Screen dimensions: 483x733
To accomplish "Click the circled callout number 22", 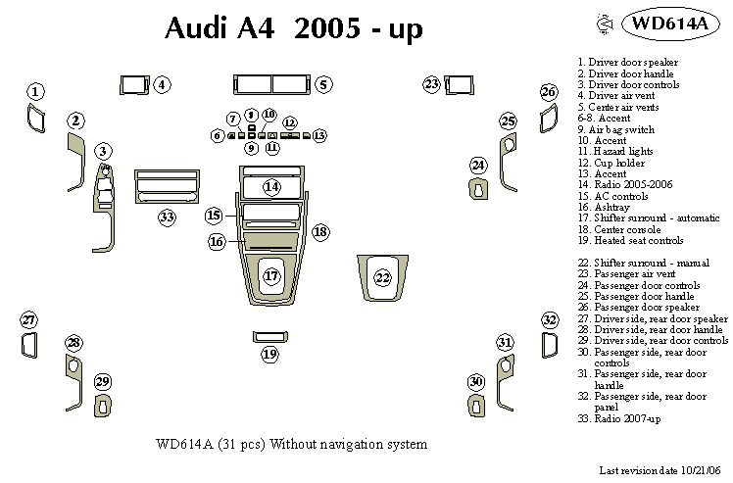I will pos(382,277).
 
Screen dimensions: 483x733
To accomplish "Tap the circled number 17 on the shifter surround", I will pos(271,277).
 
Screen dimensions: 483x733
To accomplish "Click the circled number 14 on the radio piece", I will pos(271,186).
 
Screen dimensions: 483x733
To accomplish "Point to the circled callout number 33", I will pos(168,217).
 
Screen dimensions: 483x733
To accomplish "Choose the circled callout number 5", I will pos(322,85).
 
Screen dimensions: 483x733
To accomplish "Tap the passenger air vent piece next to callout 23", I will pos(458,84).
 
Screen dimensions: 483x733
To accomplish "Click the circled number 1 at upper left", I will pos(35,92).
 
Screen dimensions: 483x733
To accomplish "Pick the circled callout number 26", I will pos(549,92).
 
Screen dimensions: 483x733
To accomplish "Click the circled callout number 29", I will pos(103,381).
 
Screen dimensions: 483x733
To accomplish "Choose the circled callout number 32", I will pos(550,320).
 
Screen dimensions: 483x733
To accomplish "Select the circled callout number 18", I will pos(319,231).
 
